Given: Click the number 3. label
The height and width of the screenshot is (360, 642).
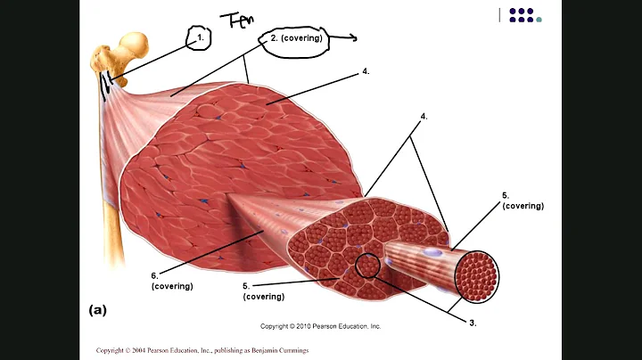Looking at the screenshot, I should pyautogui.click(x=473, y=323).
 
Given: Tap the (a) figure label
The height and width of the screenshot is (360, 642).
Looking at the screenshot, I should pyautogui.click(x=98, y=310).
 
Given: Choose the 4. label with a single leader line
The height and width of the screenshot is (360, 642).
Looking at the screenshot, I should pyautogui.click(x=366, y=71).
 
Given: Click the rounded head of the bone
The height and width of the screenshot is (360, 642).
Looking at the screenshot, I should pyautogui.click(x=133, y=45).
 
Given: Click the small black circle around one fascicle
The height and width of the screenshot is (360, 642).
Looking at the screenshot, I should pyautogui.click(x=367, y=266).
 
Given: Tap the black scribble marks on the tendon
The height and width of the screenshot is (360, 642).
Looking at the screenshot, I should pyautogui.click(x=106, y=86).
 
